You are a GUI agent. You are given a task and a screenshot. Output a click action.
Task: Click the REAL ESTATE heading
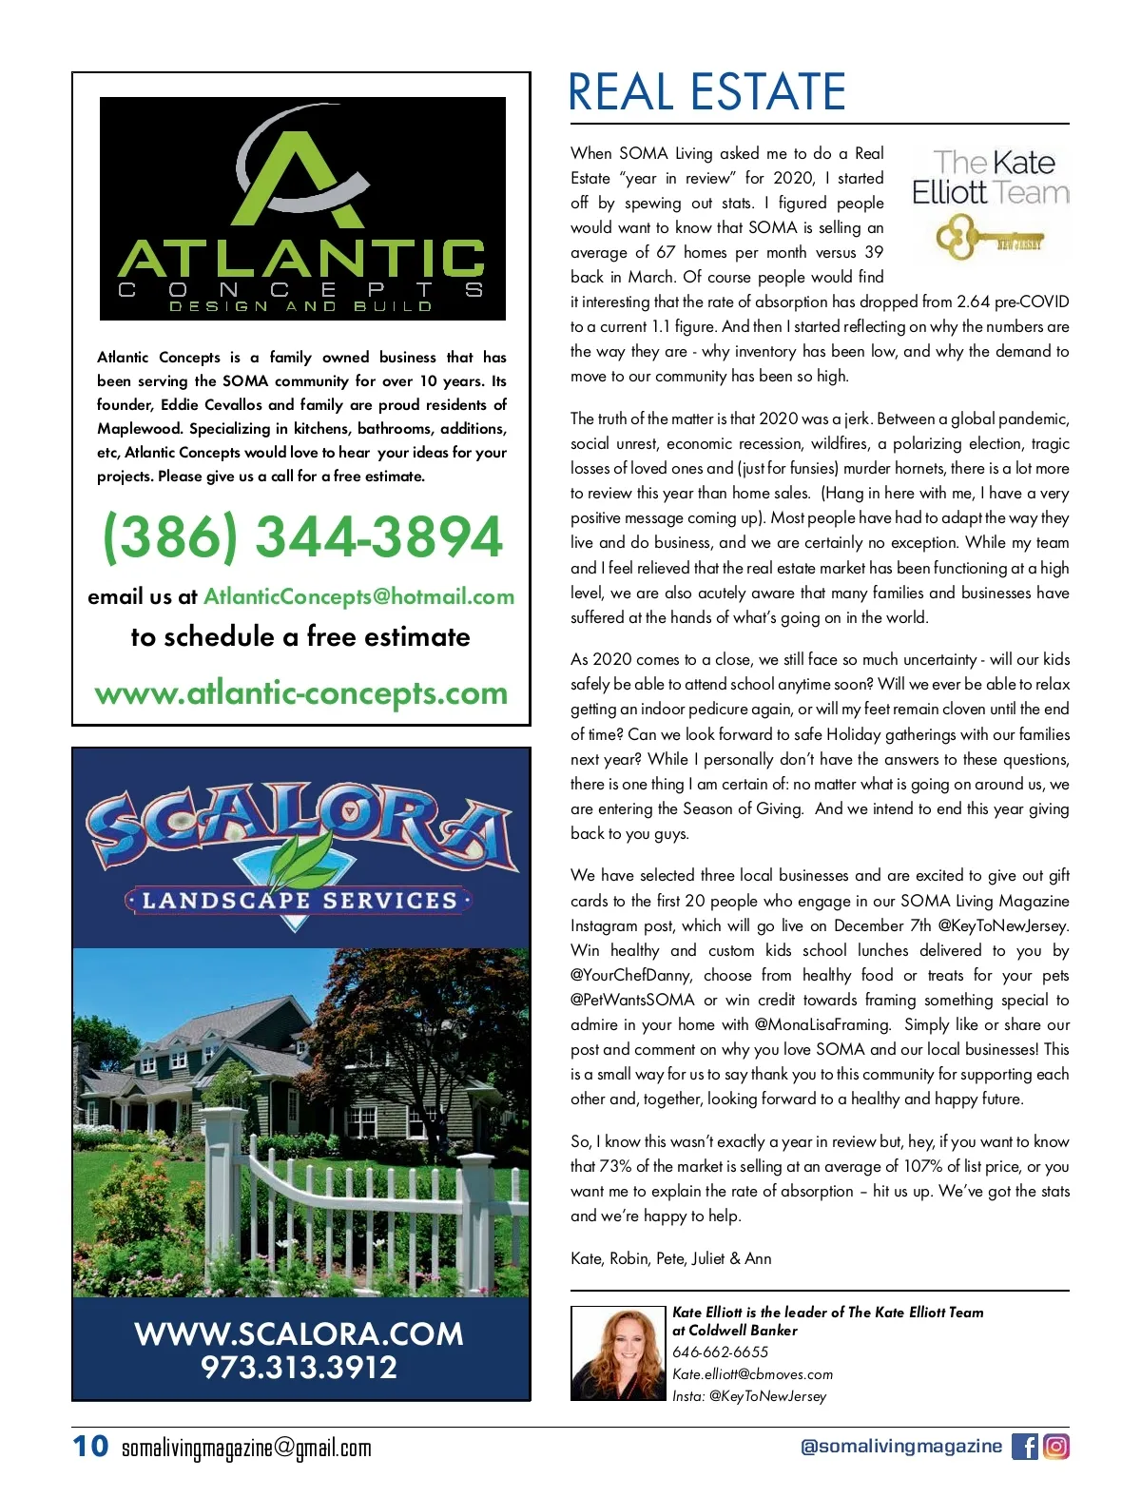(706, 92)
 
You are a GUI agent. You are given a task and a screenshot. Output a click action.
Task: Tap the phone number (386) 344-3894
(301, 537)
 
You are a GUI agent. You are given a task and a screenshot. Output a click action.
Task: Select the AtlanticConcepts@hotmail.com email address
(358, 597)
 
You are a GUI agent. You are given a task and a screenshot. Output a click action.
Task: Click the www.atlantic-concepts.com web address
(301, 693)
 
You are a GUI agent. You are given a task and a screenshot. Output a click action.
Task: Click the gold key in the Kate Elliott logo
(989, 237)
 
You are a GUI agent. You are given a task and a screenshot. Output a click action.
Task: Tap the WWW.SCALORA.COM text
(299, 1333)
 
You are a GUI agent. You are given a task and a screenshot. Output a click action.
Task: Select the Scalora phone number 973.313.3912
(299, 1368)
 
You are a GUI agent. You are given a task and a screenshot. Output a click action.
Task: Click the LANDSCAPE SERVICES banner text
(300, 900)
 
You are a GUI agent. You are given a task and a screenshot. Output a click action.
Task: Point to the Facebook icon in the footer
(1024, 1447)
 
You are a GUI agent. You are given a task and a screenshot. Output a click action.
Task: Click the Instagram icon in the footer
(1056, 1447)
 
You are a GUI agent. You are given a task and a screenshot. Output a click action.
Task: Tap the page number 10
(90, 1447)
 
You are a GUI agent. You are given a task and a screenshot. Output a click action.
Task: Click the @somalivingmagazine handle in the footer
(900, 1447)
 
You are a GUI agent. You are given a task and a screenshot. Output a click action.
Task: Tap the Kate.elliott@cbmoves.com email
(752, 1374)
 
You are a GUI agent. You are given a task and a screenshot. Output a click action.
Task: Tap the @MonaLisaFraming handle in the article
(822, 1025)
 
